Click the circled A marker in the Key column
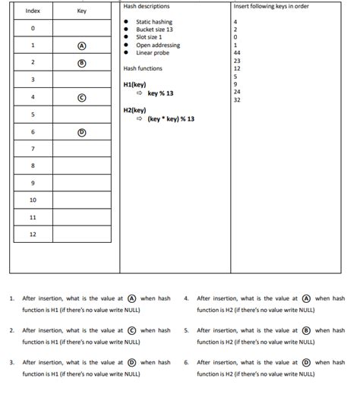coord(82,46)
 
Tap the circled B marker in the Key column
coord(82,63)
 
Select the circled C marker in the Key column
coord(82,98)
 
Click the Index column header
coord(33,11)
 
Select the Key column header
coord(82,11)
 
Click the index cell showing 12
coord(33,235)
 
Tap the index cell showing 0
coord(33,28)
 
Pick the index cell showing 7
coord(33,148)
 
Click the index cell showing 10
coord(33,200)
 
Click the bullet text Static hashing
coord(154,22)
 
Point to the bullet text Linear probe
coord(152,52)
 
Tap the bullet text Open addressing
coord(158,45)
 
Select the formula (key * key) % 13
coord(171,119)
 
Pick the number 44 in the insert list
coord(238,52)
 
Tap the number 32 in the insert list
coord(238,99)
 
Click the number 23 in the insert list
coord(238,61)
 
